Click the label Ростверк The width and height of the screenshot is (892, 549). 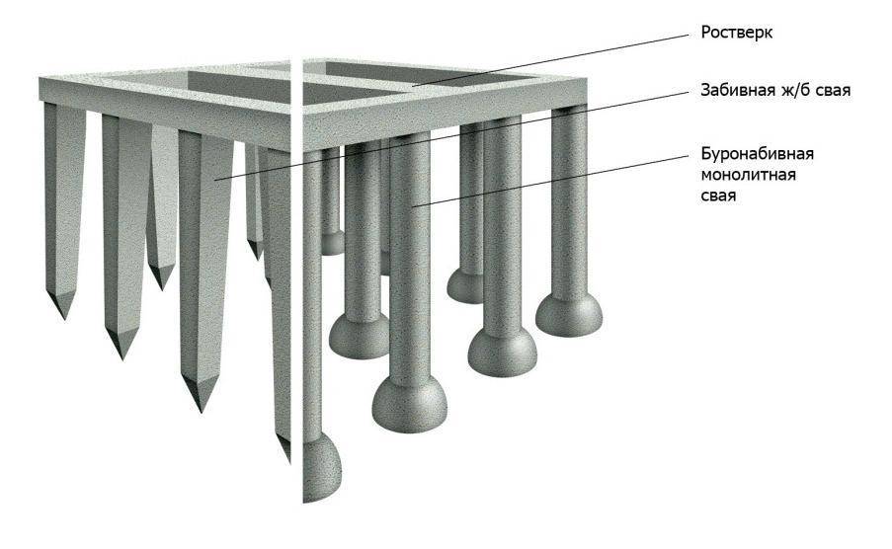click(x=736, y=33)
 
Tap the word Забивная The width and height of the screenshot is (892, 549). click(x=730, y=91)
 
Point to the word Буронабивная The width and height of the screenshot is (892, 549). click(x=758, y=154)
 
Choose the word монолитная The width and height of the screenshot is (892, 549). click(x=748, y=175)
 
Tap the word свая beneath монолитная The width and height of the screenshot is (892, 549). click(x=718, y=196)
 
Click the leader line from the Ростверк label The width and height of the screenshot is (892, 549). click(x=550, y=60)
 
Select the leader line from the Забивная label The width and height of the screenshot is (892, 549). click(x=452, y=135)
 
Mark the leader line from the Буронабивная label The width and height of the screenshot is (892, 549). click(x=550, y=181)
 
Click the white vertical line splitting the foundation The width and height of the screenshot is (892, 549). click(x=295, y=278)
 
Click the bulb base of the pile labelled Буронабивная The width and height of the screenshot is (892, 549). click(x=410, y=404)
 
